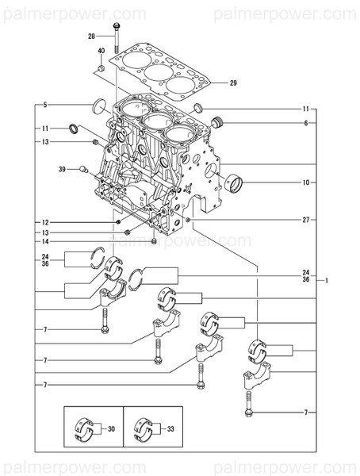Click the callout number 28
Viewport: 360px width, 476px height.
91,36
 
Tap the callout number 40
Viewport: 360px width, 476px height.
101,52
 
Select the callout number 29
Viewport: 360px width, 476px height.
233,83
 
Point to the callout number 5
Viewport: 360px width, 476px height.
45,105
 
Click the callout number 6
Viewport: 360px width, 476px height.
304,123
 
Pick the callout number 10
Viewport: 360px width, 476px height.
304,182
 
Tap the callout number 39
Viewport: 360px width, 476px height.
60,169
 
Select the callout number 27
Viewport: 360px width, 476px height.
304,218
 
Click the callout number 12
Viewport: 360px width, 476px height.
45,222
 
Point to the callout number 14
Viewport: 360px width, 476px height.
45,241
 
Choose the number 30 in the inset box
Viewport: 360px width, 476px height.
111,428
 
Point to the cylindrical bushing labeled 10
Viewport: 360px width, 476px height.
235,185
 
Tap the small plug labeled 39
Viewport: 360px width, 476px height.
82,168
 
